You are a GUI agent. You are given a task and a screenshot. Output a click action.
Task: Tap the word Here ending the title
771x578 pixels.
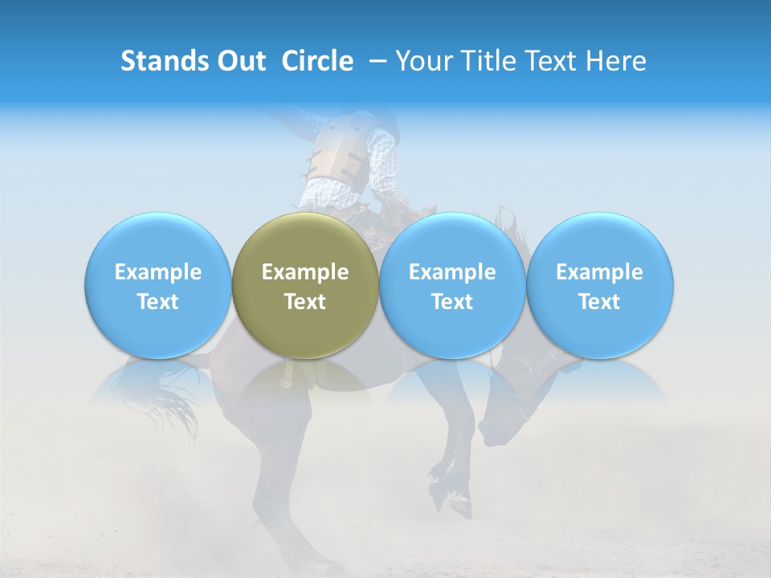click(616, 61)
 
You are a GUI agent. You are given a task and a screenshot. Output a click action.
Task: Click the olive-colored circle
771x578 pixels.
click(305, 286)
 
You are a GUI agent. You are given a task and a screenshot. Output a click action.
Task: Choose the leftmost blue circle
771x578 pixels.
click(157, 286)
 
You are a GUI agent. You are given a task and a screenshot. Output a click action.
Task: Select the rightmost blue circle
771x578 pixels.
click(600, 286)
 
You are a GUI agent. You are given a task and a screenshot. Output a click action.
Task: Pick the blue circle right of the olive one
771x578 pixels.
click(452, 286)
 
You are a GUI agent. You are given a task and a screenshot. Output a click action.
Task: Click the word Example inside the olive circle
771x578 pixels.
click(305, 272)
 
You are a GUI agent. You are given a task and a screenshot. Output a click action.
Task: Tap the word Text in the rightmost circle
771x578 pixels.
click(600, 302)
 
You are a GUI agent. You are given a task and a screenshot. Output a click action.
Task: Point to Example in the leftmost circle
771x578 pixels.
click(157, 272)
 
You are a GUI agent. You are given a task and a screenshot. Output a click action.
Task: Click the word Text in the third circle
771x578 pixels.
click(452, 302)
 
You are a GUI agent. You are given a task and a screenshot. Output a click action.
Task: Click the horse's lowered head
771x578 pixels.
click(522, 401)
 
